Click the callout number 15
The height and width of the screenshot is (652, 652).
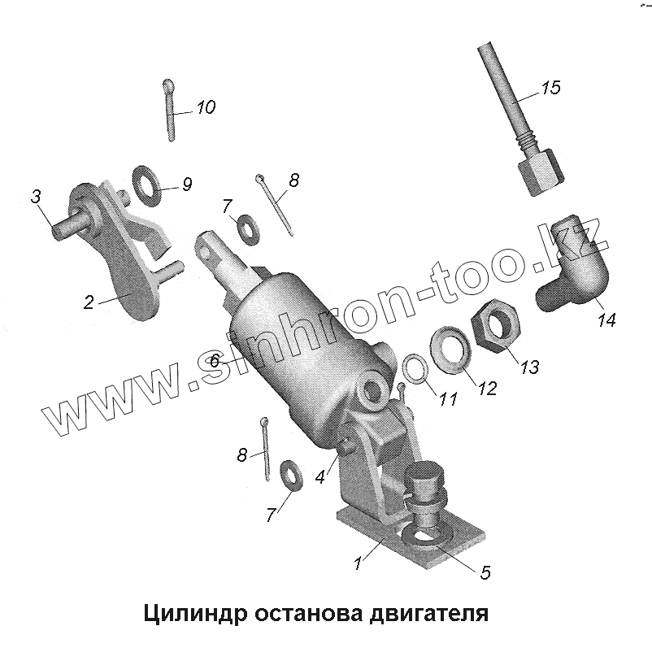click(551, 87)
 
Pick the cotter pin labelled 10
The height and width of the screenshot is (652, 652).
click(169, 109)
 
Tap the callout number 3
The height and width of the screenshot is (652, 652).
click(36, 196)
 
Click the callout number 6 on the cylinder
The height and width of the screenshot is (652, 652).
click(215, 360)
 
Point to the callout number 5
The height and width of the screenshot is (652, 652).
click(485, 572)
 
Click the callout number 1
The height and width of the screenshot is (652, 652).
click(357, 563)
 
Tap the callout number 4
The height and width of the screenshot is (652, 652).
click(319, 477)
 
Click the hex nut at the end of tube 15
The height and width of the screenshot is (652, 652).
click(541, 172)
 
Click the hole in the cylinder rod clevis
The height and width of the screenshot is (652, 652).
click(206, 252)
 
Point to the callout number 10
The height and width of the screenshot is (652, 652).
click(206, 107)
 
